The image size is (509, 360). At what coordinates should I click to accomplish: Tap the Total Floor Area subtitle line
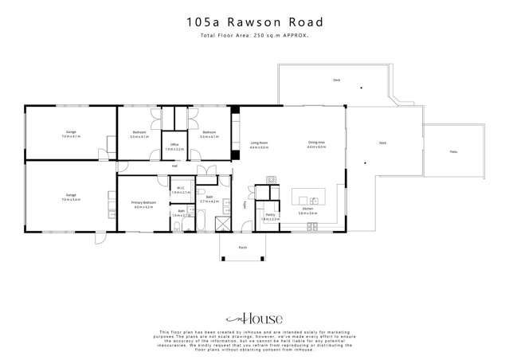coord(254,36)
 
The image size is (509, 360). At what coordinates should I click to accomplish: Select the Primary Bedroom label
coord(143,204)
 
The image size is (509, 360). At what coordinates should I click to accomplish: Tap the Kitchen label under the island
coord(307,210)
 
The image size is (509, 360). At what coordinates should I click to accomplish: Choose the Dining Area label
coord(317,143)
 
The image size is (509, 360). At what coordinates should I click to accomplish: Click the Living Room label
coord(259,143)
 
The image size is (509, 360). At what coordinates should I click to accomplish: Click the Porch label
coord(243,248)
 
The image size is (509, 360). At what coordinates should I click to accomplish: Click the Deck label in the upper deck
coord(336,80)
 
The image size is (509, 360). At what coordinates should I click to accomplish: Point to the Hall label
coord(174,166)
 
